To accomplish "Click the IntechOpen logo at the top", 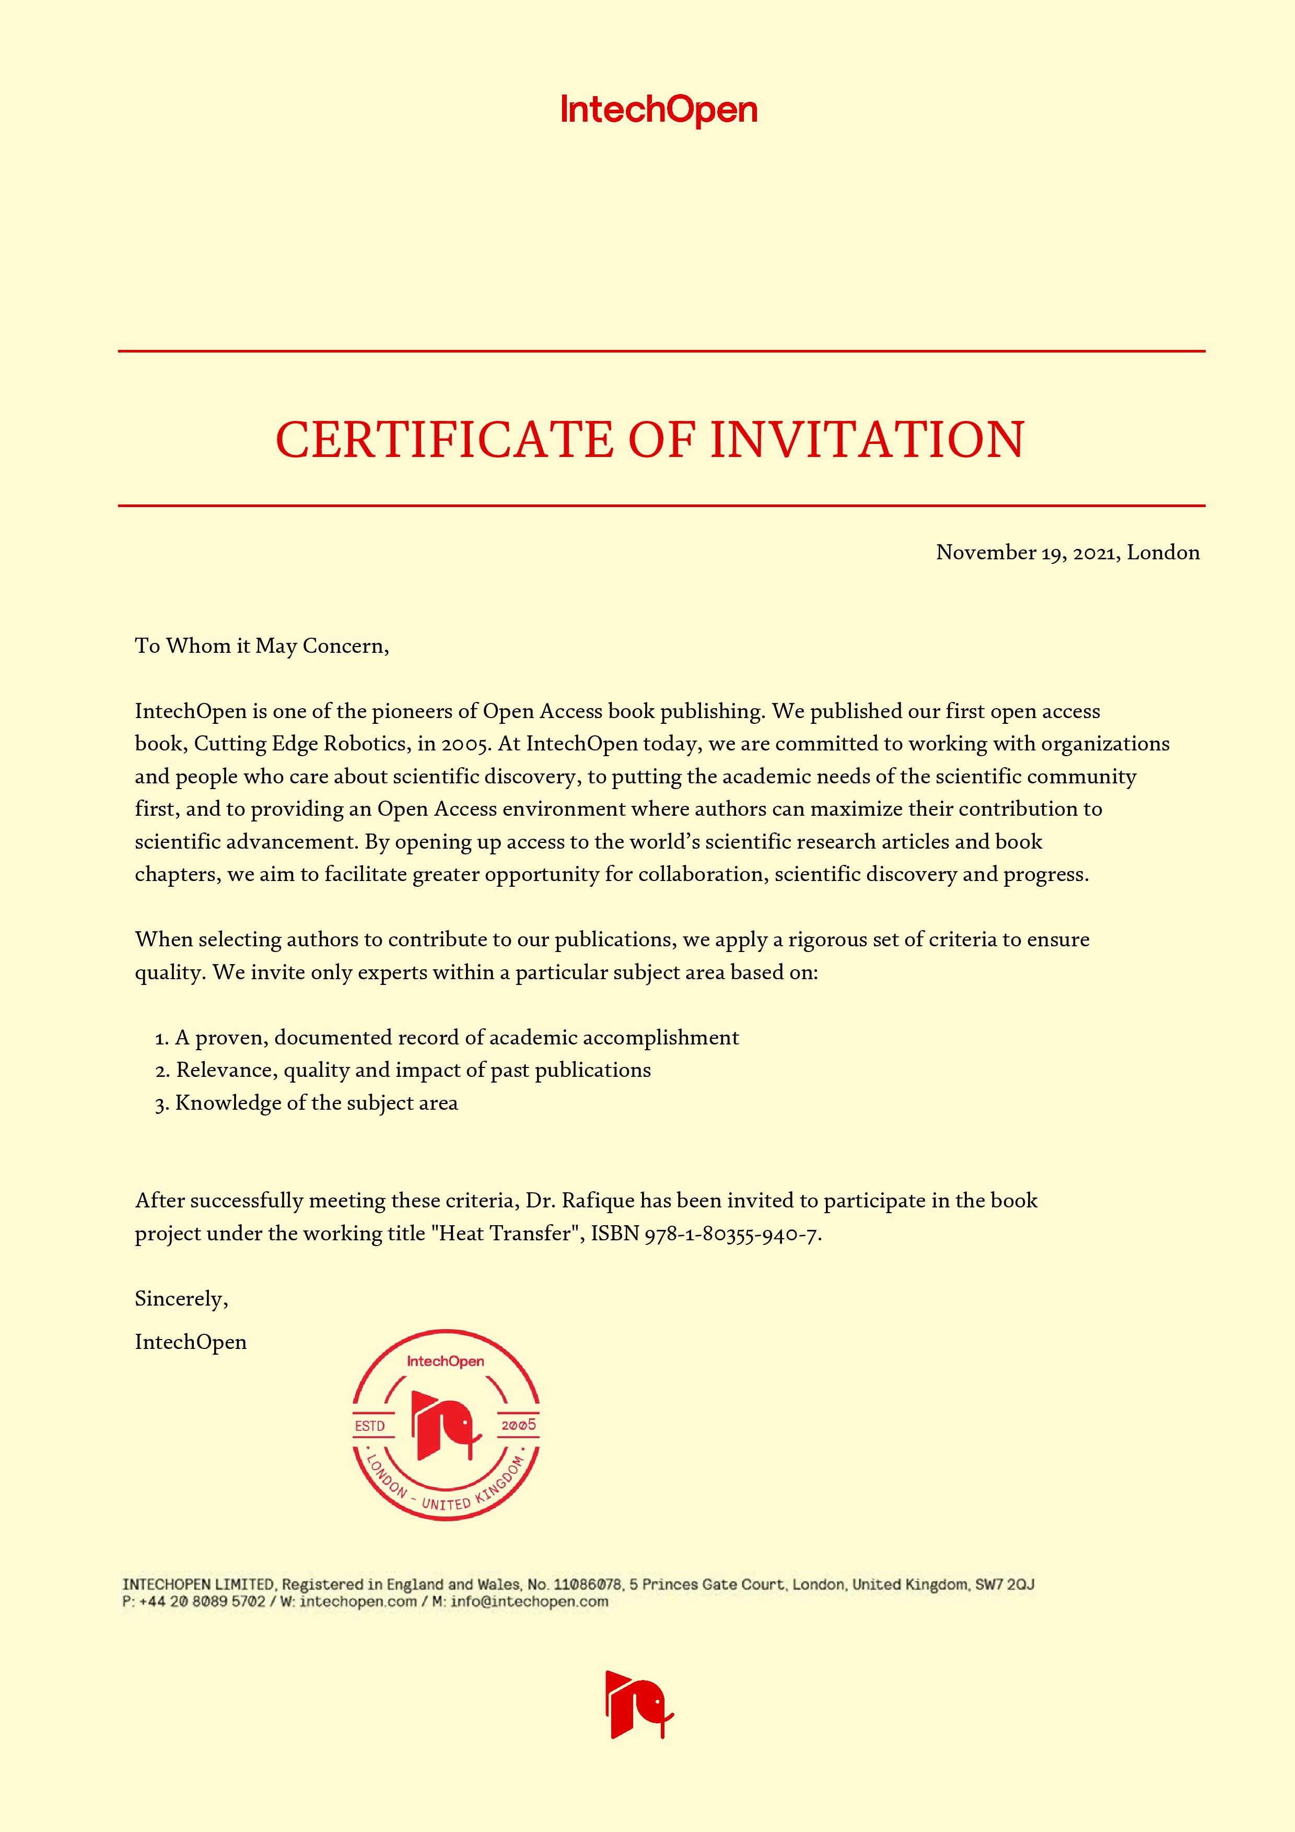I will [x=658, y=111].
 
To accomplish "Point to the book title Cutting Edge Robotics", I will [x=300, y=744].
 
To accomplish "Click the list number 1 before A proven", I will [x=160, y=1038].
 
